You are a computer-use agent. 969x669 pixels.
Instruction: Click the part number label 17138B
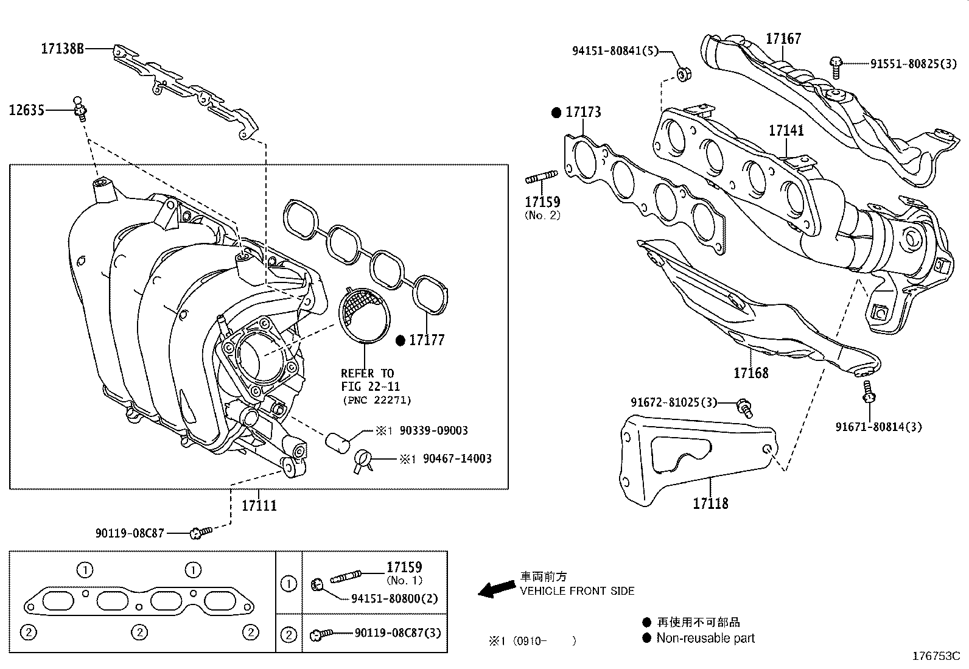click(62, 49)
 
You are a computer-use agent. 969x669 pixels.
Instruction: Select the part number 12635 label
click(27, 110)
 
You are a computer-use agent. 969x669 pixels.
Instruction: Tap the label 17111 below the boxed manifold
click(259, 505)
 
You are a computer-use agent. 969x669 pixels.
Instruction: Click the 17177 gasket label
click(427, 340)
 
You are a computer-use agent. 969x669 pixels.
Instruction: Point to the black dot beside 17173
click(556, 112)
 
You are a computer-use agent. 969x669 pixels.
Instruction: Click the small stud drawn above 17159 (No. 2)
click(540, 178)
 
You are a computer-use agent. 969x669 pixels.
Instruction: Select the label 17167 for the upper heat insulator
click(783, 38)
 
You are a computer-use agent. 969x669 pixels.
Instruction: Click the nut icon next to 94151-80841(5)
click(683, 75)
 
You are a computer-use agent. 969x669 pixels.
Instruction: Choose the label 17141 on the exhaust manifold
click(786, 130)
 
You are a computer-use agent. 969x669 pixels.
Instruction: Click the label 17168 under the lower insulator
click(750, 373)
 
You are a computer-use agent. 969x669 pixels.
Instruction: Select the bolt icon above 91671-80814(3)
click(869, 393)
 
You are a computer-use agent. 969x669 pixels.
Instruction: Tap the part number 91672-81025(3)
click(674, 402)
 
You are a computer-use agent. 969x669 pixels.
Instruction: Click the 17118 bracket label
click(710, 503)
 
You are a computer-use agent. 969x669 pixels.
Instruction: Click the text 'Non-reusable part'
click(705, 638)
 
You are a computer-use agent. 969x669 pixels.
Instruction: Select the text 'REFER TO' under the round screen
click(367, 373)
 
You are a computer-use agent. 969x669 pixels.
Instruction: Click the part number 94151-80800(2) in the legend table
click(394, 598)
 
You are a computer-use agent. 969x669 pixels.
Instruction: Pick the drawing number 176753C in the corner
click(936, 656)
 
